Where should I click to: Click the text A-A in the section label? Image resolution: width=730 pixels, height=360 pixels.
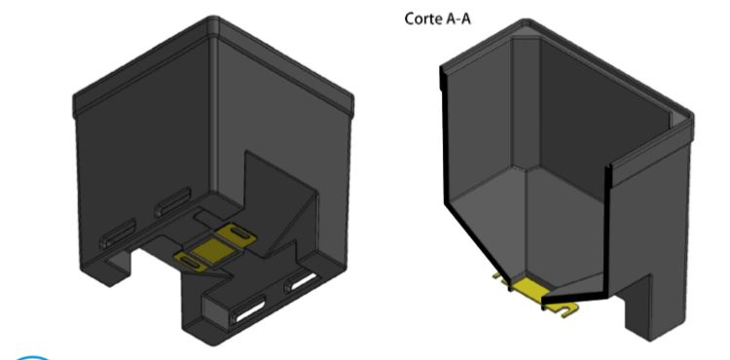pyautogui.click(x=456, y=19)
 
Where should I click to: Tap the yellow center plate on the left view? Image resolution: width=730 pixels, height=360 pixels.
pyautogui.click(x=214, y=250)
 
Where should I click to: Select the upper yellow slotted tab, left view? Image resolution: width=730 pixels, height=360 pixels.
pyautogui.click(x=237, y=233)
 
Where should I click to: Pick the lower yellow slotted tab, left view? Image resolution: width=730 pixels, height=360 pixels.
pyautogui.click(x=190, y=262)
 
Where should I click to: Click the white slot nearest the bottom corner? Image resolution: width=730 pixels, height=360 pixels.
pyautogui.click(x=249, y=311)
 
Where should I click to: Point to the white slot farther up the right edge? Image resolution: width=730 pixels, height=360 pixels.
pyautogui.click(x=302, y=281)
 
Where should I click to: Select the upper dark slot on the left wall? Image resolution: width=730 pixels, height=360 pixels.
pyautogui.click(x=173, y=201)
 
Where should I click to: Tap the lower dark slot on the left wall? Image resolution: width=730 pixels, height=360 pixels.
pyautogui.click(x=119, y=234)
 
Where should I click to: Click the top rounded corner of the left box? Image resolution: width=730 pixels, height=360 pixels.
pyautogui.click(x=214, y=19)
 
